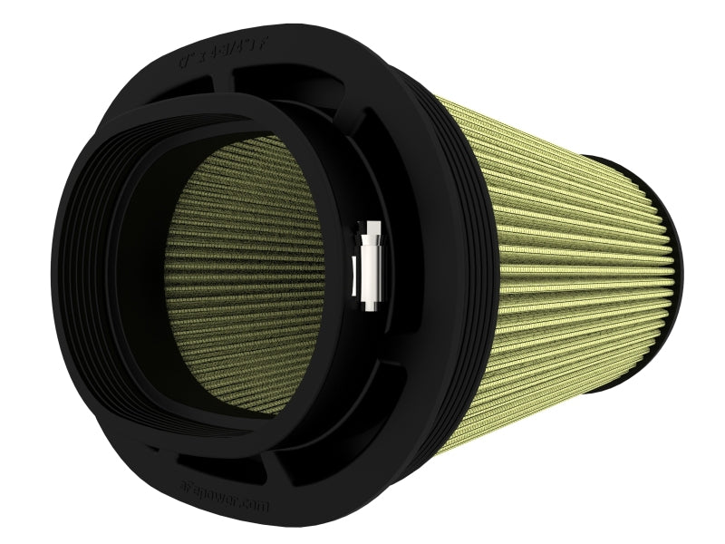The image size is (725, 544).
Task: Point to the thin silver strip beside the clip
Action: pos(354,272)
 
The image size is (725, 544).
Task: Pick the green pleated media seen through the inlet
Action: pos(245,272)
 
